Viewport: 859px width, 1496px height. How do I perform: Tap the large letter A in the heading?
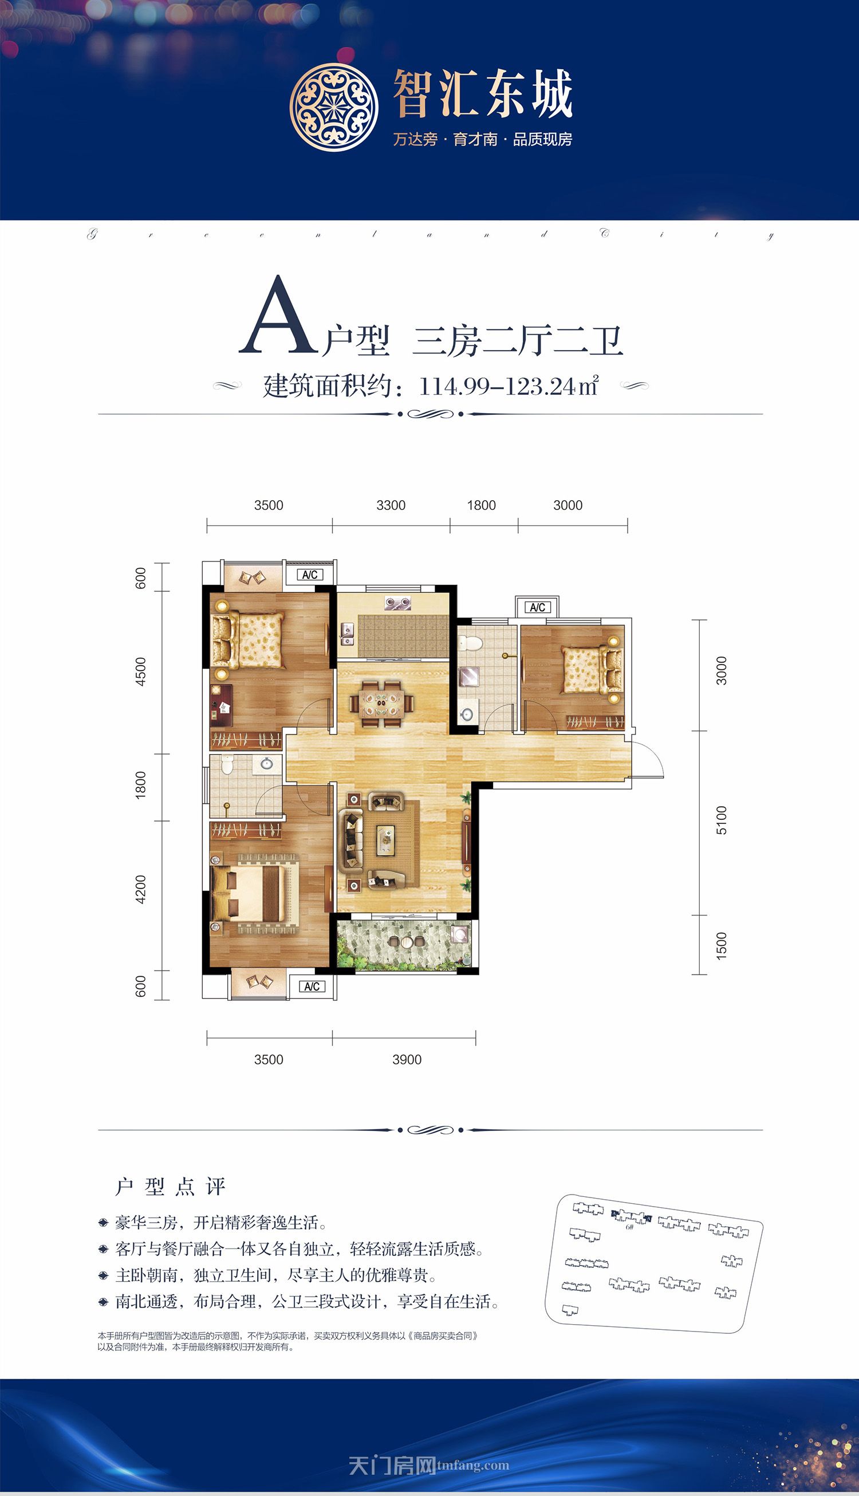[275, 317]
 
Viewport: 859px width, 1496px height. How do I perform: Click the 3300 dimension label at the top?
[391, 505]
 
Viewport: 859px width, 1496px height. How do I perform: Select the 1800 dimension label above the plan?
[482, 505]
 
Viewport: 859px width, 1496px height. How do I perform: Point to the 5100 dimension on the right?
[722, 820]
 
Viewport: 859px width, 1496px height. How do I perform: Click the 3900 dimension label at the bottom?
[407, 1059]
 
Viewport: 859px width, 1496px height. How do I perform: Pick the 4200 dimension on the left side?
[140, 889]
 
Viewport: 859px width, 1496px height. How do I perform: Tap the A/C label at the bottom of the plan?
[312, 987]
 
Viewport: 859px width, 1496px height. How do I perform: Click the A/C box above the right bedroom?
[537, 607]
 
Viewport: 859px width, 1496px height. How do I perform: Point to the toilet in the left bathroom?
[227, 766]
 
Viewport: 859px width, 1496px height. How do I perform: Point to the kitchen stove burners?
[396, 603]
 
